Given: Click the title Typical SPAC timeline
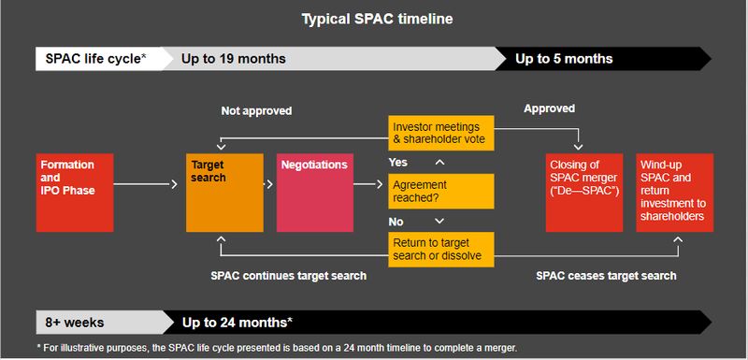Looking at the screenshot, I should coord(373,18).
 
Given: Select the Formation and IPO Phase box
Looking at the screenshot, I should coord(74,193).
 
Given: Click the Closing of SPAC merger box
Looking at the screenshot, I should coord(583,193).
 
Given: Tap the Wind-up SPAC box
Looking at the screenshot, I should coord(674,193).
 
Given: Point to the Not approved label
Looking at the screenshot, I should coord(256,110).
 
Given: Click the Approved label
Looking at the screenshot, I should coord(549,109).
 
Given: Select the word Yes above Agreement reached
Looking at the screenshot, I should coord(398,162).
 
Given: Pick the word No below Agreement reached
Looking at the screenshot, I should coord(396,222).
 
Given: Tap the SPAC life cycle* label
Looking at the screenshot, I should coord(96,59).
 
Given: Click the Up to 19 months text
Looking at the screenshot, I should coord(233,59).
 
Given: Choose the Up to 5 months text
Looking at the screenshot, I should coord(564,59).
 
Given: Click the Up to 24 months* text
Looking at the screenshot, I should coord(237,323).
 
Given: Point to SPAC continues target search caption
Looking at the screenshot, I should coord(287,276).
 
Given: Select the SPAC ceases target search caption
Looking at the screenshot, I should coord(606,276).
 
